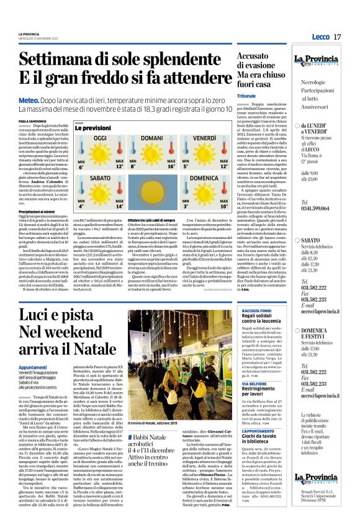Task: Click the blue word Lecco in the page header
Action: click(320, 37)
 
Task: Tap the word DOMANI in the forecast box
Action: click(151, 137)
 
